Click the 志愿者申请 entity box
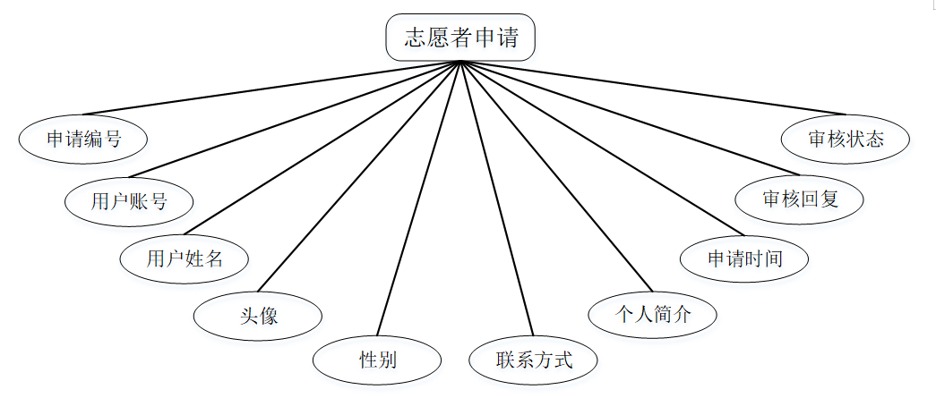tap(460, 38)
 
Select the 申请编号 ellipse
tap(83, 139)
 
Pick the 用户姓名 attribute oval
tap(185, 259)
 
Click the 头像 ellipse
tap(258, 315)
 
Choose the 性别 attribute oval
tap(377, 360)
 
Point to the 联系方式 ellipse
tap(534, 360)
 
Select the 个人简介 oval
tap(652, 314)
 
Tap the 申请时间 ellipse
tap(745, 259)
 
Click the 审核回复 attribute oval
tap(800, 199)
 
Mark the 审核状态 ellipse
tap(846, 139)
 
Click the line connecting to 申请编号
tap(271, 88)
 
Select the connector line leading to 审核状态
tap(653, 88)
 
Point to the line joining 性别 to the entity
tap(419, 198)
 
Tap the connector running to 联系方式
tap(496, 198)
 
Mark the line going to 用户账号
tap(295, 118)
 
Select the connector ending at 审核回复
tap(629, 117)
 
